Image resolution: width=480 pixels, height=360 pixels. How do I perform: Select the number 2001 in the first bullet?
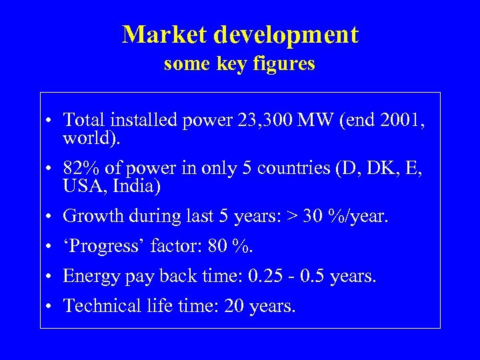click(399, 120)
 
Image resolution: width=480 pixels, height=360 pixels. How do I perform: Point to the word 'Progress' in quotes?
click(104, 246)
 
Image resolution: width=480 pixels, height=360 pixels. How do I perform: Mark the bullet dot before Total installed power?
click(51, 121)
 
